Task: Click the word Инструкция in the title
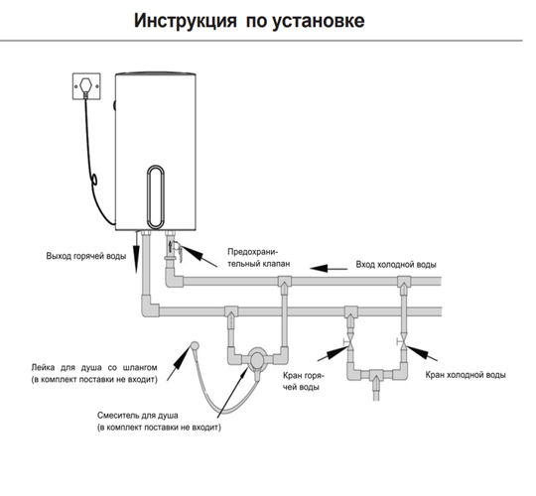click(x=185, y=21)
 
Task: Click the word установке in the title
click(x=319, y=22)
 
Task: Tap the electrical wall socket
click(x=86, y=86)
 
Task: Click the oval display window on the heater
click(x=156, y=196)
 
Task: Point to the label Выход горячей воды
click(x=86, y=256)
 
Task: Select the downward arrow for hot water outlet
click(x=136, y=253)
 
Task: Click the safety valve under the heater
click(x=174, y=249)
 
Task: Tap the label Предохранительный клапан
click(x=259, y=258)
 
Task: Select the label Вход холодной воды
click(x=396, y=265)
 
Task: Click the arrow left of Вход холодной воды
click(x=329, y=268)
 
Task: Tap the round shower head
click(x=195, y=345)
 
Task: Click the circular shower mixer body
click(x=257, y=359)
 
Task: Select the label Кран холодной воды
click(x=466, y=375)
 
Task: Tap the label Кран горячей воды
click(x=304, y=381)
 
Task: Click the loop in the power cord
click(x=94, y=179)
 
